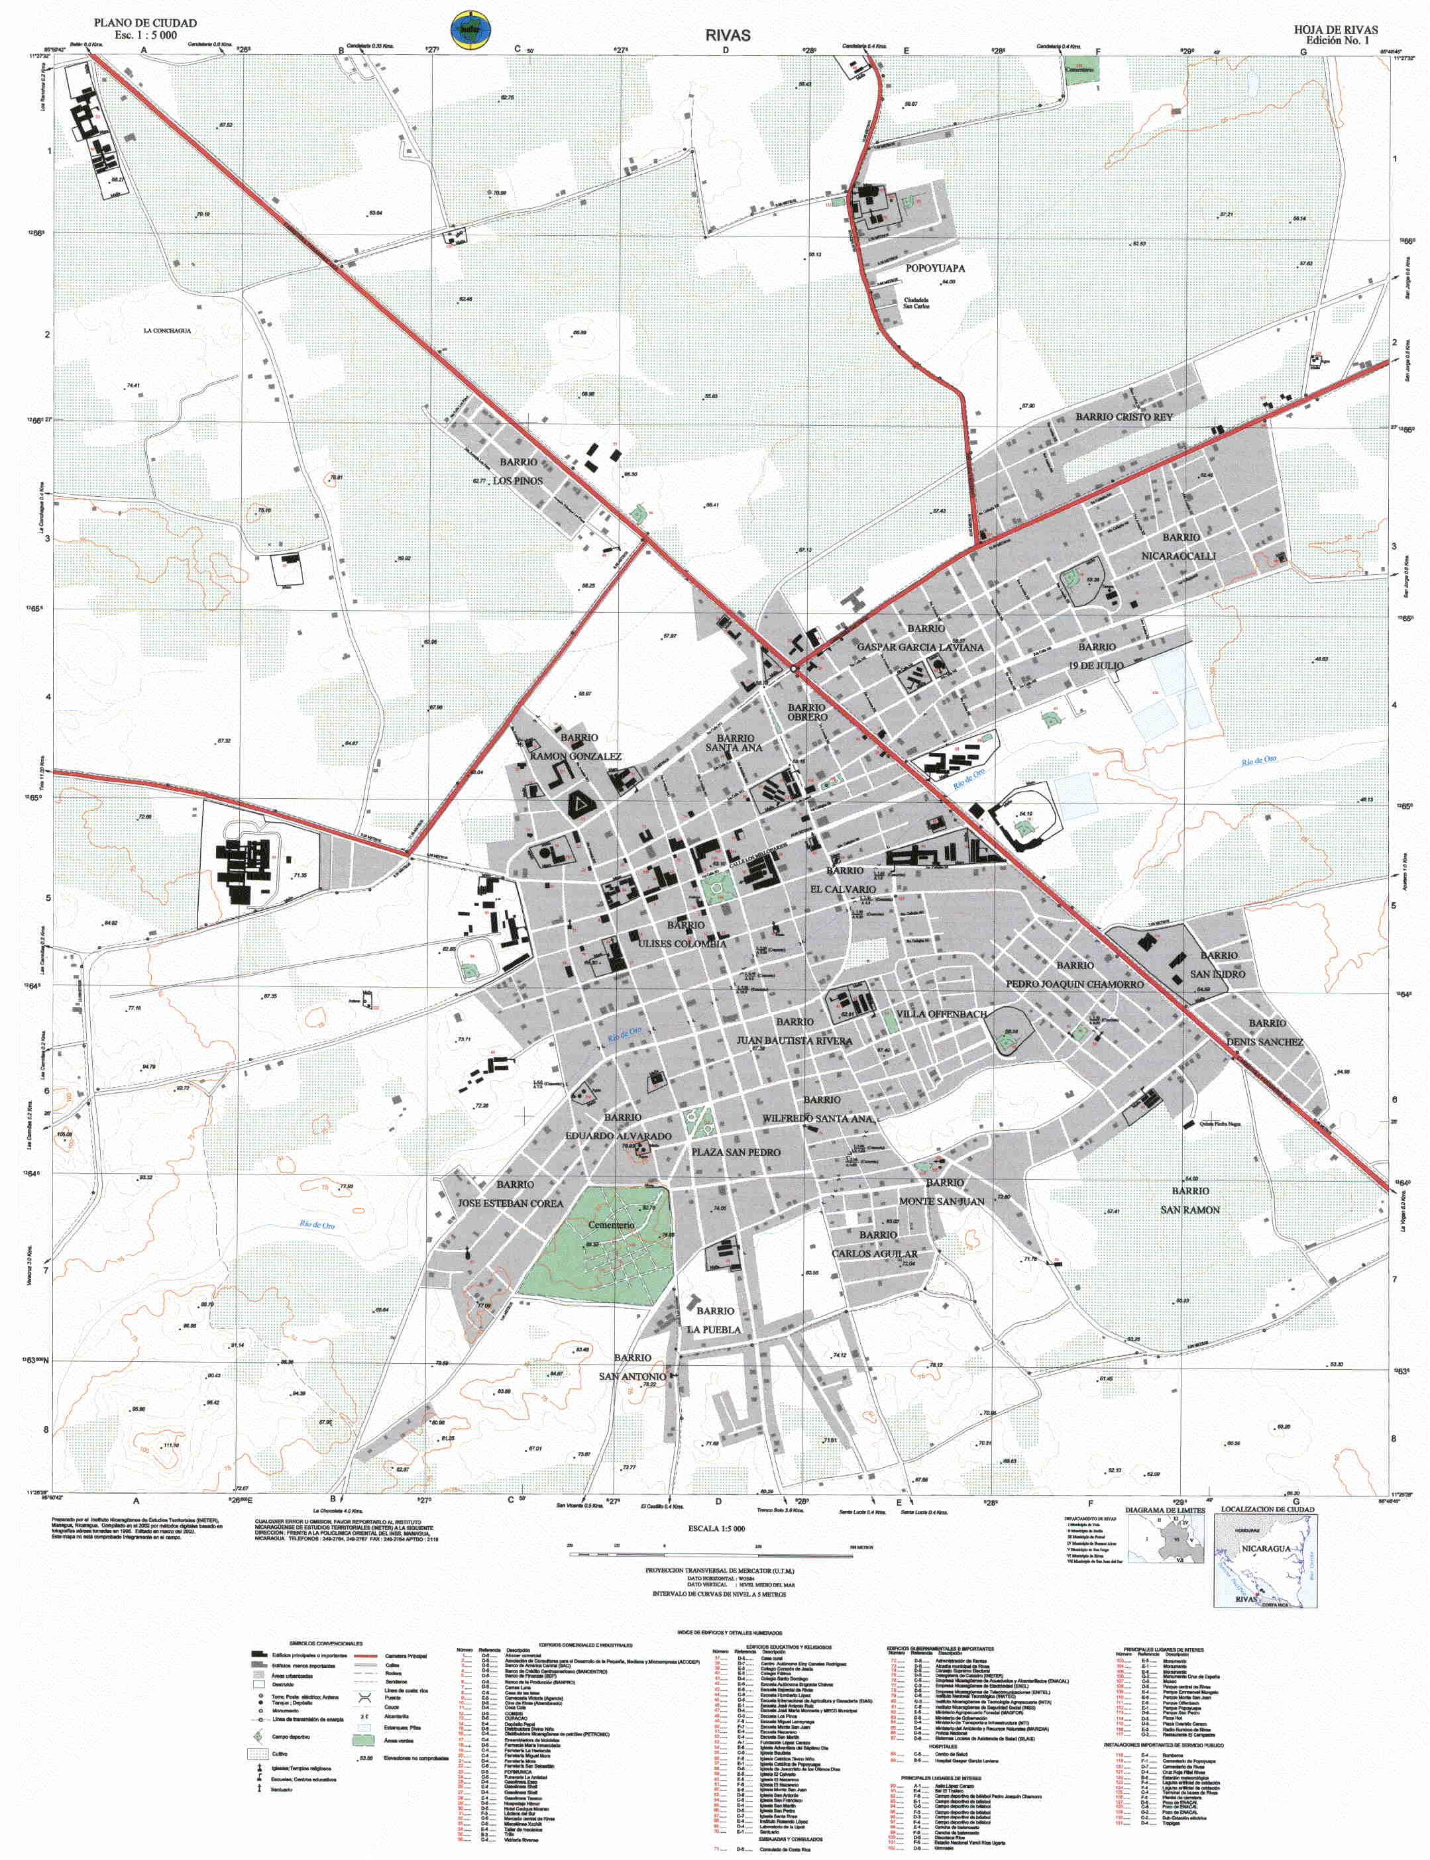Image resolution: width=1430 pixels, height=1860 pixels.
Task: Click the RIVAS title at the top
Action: point(727,35)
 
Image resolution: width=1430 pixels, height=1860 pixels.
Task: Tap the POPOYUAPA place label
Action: point(934,268)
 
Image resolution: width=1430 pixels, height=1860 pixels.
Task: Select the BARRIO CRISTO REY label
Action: point(1124,417)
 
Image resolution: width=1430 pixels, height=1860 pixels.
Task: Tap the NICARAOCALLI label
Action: point(1178,556)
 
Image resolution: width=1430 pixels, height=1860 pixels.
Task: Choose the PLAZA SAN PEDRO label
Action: point(736,1152)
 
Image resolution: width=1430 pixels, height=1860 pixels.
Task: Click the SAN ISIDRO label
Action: point(1217,974)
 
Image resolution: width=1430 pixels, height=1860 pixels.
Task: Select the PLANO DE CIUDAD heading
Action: point(146,23)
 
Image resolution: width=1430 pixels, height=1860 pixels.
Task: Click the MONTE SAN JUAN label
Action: point(942,1202)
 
